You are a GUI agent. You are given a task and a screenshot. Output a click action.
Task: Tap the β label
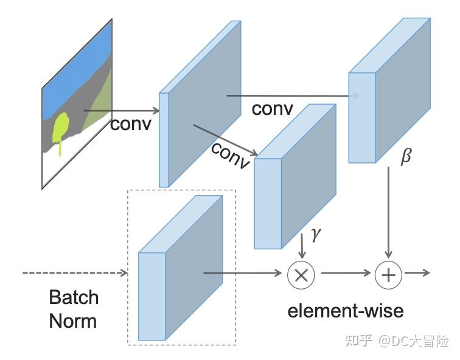point(405,156)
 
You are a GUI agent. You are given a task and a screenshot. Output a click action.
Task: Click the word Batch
point(74,297)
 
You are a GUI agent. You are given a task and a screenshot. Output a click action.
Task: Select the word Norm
point(72,320)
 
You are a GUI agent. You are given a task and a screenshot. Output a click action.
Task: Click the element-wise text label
point(345,311)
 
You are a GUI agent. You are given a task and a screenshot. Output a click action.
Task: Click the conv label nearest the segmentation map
point(130,124)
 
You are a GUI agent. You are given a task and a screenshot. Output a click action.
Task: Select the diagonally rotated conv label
point(231,156)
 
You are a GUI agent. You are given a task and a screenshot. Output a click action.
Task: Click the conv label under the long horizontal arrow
point(272,109)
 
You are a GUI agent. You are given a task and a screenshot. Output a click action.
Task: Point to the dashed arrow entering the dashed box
point(73,273)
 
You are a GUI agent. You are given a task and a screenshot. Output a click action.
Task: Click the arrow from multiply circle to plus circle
point(344,274)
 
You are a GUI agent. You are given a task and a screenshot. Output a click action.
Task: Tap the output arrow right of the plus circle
point(417,274)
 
